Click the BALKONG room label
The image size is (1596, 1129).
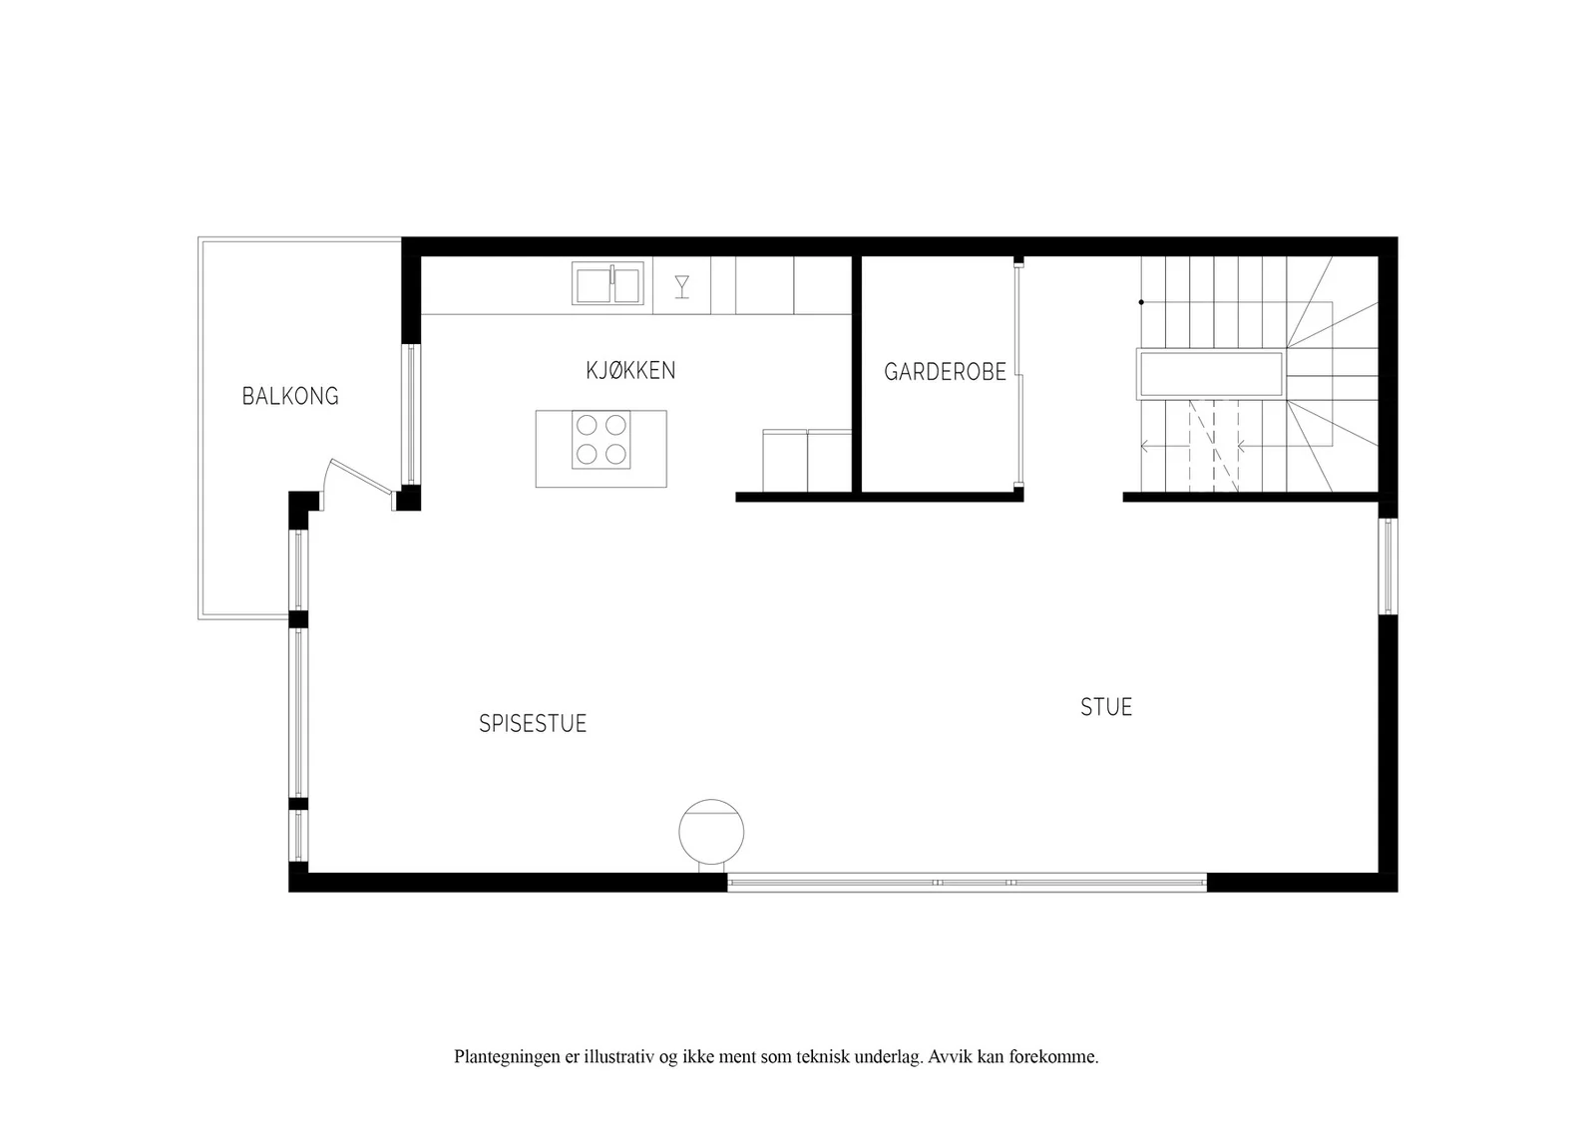click(290, 396)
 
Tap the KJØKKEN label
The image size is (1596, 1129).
click(630, 370)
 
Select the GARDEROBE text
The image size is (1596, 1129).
click(945, 372)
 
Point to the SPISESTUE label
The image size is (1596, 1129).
click(533, 724)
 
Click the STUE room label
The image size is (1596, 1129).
click(1106, 707)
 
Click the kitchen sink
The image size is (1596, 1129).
click(607, 284)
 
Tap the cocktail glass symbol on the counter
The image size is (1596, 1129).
click(682, 286)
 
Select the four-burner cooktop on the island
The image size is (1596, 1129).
click(600, 440)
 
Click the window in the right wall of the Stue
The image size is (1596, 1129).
click(1388, 566)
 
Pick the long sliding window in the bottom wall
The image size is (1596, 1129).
click(967, 883)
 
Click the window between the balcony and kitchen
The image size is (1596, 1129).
click(410, 415)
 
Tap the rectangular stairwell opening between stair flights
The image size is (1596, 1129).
click(1211, 374)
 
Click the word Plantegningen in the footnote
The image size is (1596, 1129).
click(508, 1057)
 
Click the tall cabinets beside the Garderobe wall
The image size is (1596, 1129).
click(807, 461)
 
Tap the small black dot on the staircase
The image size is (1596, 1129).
click(1141, 303)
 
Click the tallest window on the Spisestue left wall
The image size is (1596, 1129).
click(298, 713)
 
